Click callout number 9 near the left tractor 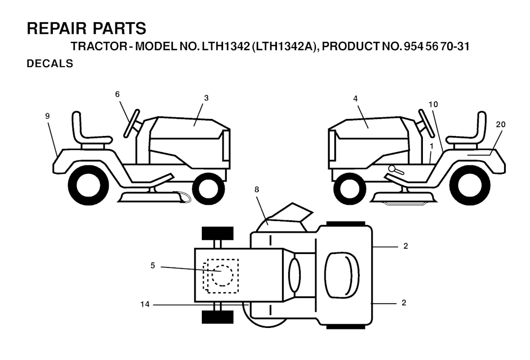47,116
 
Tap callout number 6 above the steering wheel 117,94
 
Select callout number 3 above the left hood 206,98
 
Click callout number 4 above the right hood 355,99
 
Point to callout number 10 433,104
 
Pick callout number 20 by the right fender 500,124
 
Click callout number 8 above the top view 257,189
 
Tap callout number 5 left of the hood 153,266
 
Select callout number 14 145,304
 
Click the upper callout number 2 406,246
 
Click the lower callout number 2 404,303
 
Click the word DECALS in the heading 50,64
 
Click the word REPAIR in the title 57,28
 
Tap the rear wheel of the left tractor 88,185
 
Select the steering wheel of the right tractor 427,123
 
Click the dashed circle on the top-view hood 223,276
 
